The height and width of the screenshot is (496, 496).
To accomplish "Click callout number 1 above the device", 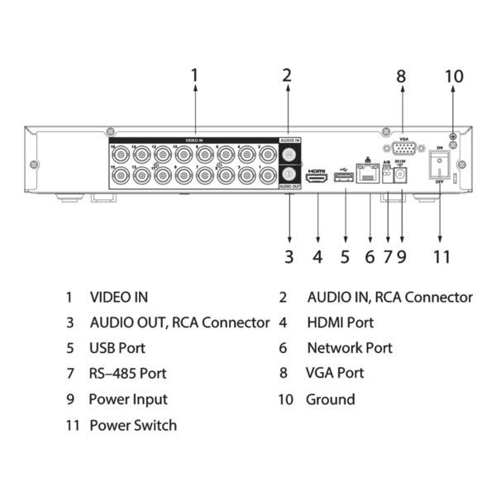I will tap(195, 76).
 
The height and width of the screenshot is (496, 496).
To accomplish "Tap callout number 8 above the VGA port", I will tap(401, 76).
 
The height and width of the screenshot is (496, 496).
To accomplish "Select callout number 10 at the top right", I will tap(453, 76).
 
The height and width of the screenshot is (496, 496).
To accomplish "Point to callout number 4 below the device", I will tap(317, 256).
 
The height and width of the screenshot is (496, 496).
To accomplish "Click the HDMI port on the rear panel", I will tap(317, 176).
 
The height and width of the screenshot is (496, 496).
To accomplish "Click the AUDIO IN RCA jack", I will tap(289, 155).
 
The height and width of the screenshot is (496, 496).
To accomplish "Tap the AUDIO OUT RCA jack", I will tap(289, 174).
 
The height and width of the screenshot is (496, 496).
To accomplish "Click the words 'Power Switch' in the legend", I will tap(132, 425).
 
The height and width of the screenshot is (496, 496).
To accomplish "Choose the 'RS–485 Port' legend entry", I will tap(128, 374).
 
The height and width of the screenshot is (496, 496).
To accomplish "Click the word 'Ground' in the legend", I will tap(330, 399).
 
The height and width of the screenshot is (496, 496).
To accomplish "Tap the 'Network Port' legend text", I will tap(349, 348).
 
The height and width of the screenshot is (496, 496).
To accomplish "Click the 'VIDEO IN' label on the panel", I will tap(195, 141).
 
